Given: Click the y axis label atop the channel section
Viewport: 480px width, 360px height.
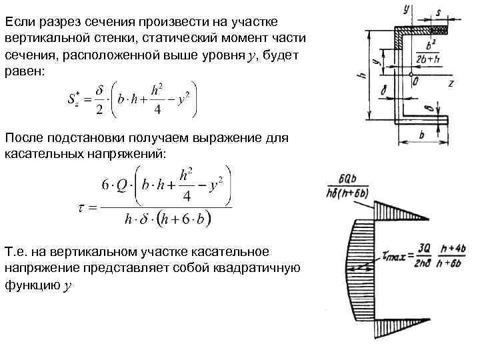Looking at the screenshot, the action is pyautogui.click(x=407, y=9).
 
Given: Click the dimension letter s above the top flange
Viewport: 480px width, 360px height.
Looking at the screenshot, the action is pyautogui.click(x=439, y=12).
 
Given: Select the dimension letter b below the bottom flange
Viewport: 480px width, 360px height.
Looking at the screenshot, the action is pyautogui.click(x=423, y=134).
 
